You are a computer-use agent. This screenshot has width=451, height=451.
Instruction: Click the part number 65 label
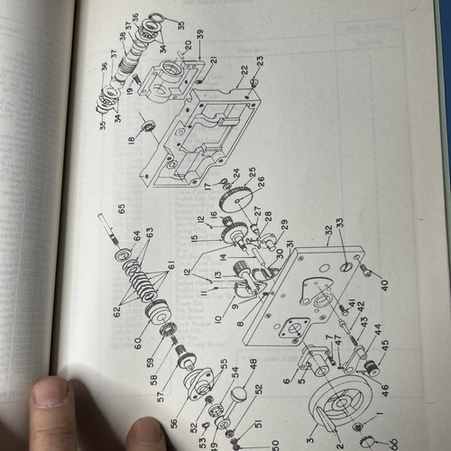120,208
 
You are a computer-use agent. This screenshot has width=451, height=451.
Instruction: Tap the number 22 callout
244,69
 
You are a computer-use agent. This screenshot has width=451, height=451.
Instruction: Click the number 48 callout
253,363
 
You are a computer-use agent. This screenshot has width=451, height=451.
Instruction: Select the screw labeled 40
365,270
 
